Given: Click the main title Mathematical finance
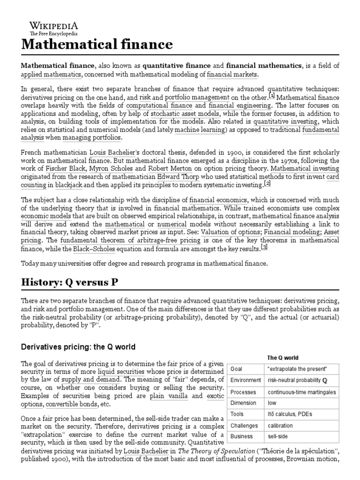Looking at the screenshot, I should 97,45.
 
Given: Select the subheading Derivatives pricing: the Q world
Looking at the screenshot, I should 78,347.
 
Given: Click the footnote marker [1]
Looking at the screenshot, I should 271,95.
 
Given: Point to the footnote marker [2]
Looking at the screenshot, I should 267,183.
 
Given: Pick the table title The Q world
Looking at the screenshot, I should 282,358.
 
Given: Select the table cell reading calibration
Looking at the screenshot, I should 280,426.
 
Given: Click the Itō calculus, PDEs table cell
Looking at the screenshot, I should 287,414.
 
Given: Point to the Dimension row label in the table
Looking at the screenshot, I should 243,403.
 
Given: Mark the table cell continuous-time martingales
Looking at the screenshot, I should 301,391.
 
